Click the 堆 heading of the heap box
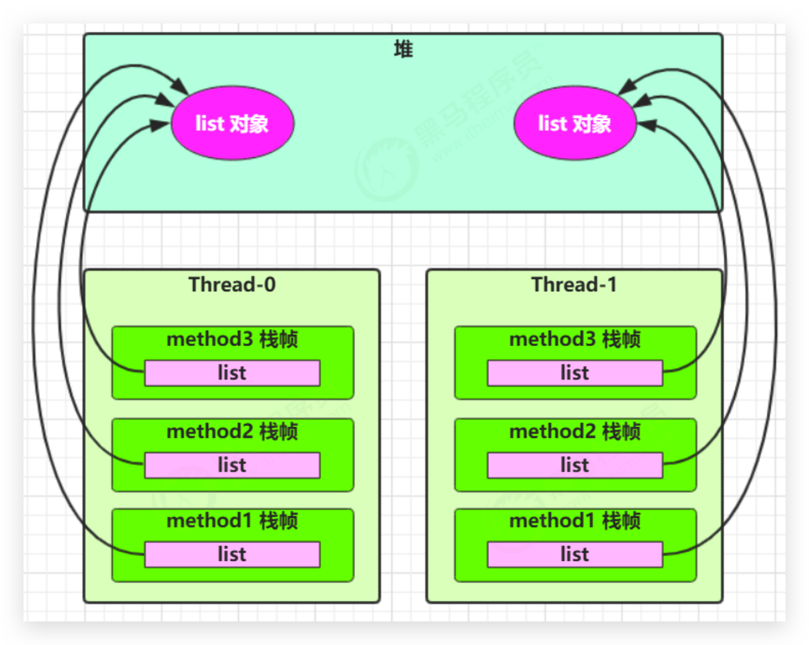403,49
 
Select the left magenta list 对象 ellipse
232,124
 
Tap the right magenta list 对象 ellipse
575,124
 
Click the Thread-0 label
232,285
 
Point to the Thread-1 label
574,285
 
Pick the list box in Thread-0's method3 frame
232,373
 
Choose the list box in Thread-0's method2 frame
232,466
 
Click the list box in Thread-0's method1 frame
232,554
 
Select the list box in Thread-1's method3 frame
575,373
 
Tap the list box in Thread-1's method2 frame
575,466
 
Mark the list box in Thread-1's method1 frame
575,554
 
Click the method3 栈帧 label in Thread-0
232,340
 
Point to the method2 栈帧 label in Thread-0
232,432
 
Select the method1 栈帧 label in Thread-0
232,521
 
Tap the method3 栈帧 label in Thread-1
575,340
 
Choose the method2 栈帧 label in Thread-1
575,432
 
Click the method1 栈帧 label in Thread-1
575,521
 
